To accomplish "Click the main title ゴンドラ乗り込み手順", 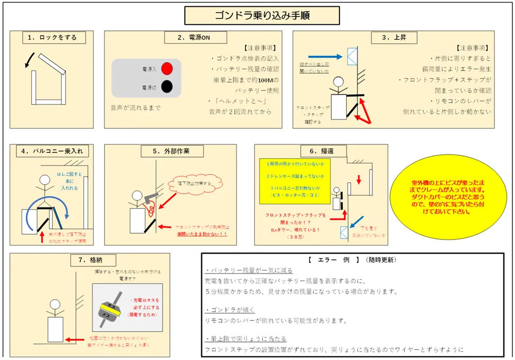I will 262,15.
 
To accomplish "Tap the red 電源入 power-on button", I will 166,68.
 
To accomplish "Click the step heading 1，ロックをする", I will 53,38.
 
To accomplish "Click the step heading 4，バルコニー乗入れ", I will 52,151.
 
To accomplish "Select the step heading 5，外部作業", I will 172,151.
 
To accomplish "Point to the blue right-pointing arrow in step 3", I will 325,57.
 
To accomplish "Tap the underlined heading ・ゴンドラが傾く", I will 229,310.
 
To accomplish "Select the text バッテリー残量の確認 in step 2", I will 245,69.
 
